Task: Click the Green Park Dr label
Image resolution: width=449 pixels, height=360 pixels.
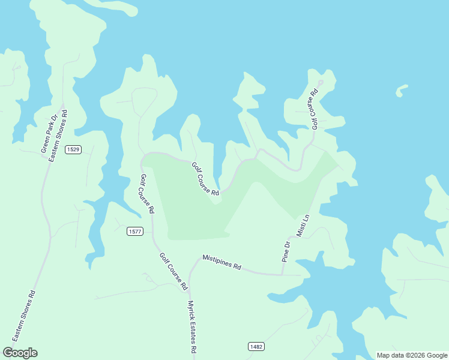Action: click(x=49, y=136)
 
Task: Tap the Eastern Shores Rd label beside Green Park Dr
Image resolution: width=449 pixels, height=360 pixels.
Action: click(x=58, y=135)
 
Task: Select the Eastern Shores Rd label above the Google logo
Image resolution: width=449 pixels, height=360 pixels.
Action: click(x=25, y=316)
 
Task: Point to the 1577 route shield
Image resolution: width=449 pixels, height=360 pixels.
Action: click(x=135, y=231)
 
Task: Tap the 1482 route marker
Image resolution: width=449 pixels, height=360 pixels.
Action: click(x=256, y=346)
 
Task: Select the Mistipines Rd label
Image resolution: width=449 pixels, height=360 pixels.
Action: click(x=221, y=262)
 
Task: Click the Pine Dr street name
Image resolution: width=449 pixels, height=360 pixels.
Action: click(x=287, y=252)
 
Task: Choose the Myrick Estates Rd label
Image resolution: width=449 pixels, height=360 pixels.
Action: click(x=193, y=327)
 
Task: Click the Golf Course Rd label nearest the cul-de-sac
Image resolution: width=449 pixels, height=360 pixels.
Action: click(x=313, y=109)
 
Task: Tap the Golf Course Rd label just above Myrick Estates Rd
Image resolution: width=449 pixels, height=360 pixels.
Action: click(x=173, y=271)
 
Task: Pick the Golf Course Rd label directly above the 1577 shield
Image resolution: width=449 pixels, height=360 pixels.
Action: click(x=147, y=194)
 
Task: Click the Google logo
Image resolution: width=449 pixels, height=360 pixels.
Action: click(x=20, y=353)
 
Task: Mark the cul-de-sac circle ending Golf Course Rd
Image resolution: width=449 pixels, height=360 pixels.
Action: click(x=321, y=83)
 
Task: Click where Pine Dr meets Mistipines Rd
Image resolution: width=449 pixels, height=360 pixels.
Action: click(x=282, y=274)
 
